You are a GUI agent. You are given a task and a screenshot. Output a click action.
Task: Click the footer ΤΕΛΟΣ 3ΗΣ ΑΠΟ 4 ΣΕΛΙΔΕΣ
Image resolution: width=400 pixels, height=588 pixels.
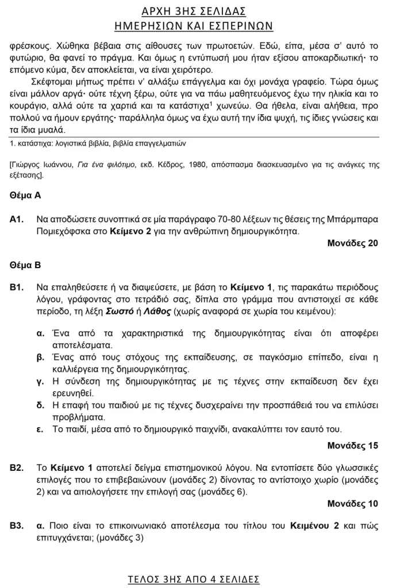pos(194,578)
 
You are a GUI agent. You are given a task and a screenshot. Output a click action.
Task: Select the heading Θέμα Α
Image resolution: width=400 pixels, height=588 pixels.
pos(25,195)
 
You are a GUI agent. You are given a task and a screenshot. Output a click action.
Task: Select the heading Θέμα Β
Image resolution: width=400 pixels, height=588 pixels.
pos(25,265)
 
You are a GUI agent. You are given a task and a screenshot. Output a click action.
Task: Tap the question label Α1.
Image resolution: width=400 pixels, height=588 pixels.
pos(16,219)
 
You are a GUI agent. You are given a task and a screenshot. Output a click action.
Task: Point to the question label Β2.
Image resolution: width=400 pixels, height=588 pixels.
pos(16,467)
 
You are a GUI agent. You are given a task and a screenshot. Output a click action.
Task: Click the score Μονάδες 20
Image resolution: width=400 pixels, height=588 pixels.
pos(352,243)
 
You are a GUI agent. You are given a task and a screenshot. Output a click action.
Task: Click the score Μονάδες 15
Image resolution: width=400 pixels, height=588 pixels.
pos(352,446)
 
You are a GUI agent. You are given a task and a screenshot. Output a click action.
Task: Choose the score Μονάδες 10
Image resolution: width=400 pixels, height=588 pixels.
pos(352,504)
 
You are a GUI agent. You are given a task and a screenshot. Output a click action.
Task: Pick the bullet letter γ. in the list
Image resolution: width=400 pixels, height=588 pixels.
pos(40,381)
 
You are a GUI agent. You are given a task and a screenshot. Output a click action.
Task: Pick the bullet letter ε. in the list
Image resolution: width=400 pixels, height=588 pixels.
pos(40,429)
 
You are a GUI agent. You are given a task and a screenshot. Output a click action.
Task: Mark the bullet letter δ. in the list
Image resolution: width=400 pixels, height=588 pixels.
pos(40,405)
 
